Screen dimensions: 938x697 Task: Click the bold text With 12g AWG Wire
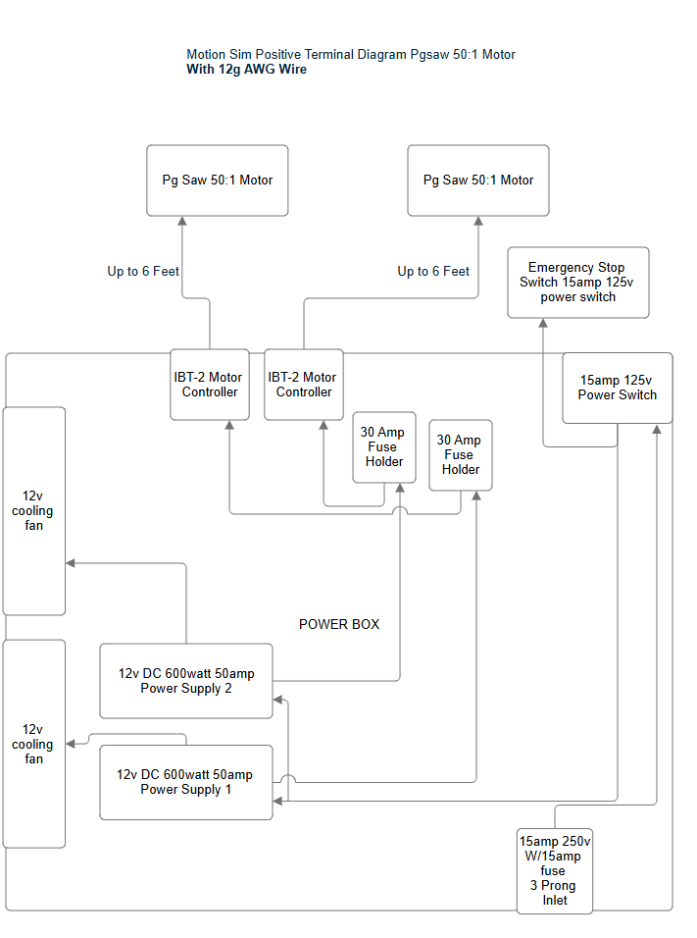click(x=246, y=70)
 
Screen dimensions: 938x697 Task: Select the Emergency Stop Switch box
click(x=577, y=283)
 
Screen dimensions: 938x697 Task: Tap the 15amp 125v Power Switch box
click(x=618, y=389)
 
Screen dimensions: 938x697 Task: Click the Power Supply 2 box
click(x=186, y=681)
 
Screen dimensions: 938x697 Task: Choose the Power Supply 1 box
click(x=186, y=783)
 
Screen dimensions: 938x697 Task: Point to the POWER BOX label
click(x=339, y=624)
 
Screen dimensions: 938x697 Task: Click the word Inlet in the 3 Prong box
click(x=555, y=900)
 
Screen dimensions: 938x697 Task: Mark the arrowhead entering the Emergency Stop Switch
click(x=543, y=325)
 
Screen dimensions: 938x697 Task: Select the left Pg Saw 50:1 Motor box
click(x=218, y=181)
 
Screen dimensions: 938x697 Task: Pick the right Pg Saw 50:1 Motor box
click(x=478, y=181)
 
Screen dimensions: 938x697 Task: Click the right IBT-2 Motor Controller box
click(x=304, y=385)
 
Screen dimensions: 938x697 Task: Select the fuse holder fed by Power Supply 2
click(x=383, y=447)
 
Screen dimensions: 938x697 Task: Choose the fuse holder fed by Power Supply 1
click(x=461, y=455)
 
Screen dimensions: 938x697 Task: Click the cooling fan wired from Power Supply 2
click(x=34, y=511)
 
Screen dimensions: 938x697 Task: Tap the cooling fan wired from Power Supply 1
click(x=34, y=744)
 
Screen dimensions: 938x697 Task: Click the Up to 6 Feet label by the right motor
click(x=433, y=272)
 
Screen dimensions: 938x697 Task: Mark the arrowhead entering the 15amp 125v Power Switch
click(x=657, y=430)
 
